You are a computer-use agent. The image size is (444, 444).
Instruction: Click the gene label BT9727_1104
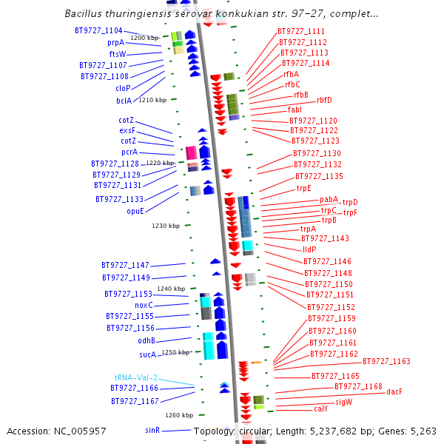tap(98, 30)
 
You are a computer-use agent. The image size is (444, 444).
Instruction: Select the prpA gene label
tap(115, 43)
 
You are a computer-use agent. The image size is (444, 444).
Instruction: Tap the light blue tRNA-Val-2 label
tap(136, 377)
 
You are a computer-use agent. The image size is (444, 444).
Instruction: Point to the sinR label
tap(153, 429)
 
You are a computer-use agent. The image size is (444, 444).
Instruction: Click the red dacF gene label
tap(394, 391)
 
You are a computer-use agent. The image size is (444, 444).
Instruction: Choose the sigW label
tap(344, 402)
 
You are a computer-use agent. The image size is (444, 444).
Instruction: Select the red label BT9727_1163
tap(386, 361)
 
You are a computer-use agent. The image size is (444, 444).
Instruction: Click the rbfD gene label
tap(324, 100)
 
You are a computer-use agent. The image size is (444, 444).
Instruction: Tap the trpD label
tap(350, 202)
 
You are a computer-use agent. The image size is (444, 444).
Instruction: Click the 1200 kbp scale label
tap(144, 38)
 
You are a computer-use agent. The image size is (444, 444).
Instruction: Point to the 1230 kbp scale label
tap(166, 226)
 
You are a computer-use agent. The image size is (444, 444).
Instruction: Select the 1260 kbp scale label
tap(179, 415)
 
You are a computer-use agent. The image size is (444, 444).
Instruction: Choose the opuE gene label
tap(135, 211)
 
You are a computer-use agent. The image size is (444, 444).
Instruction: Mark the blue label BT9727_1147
tap(125, 265)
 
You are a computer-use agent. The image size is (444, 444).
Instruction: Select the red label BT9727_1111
tap(301, 31)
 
